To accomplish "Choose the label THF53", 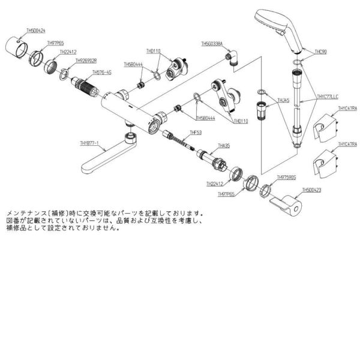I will click(195, 132).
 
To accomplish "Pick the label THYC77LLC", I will click(328, 96).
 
